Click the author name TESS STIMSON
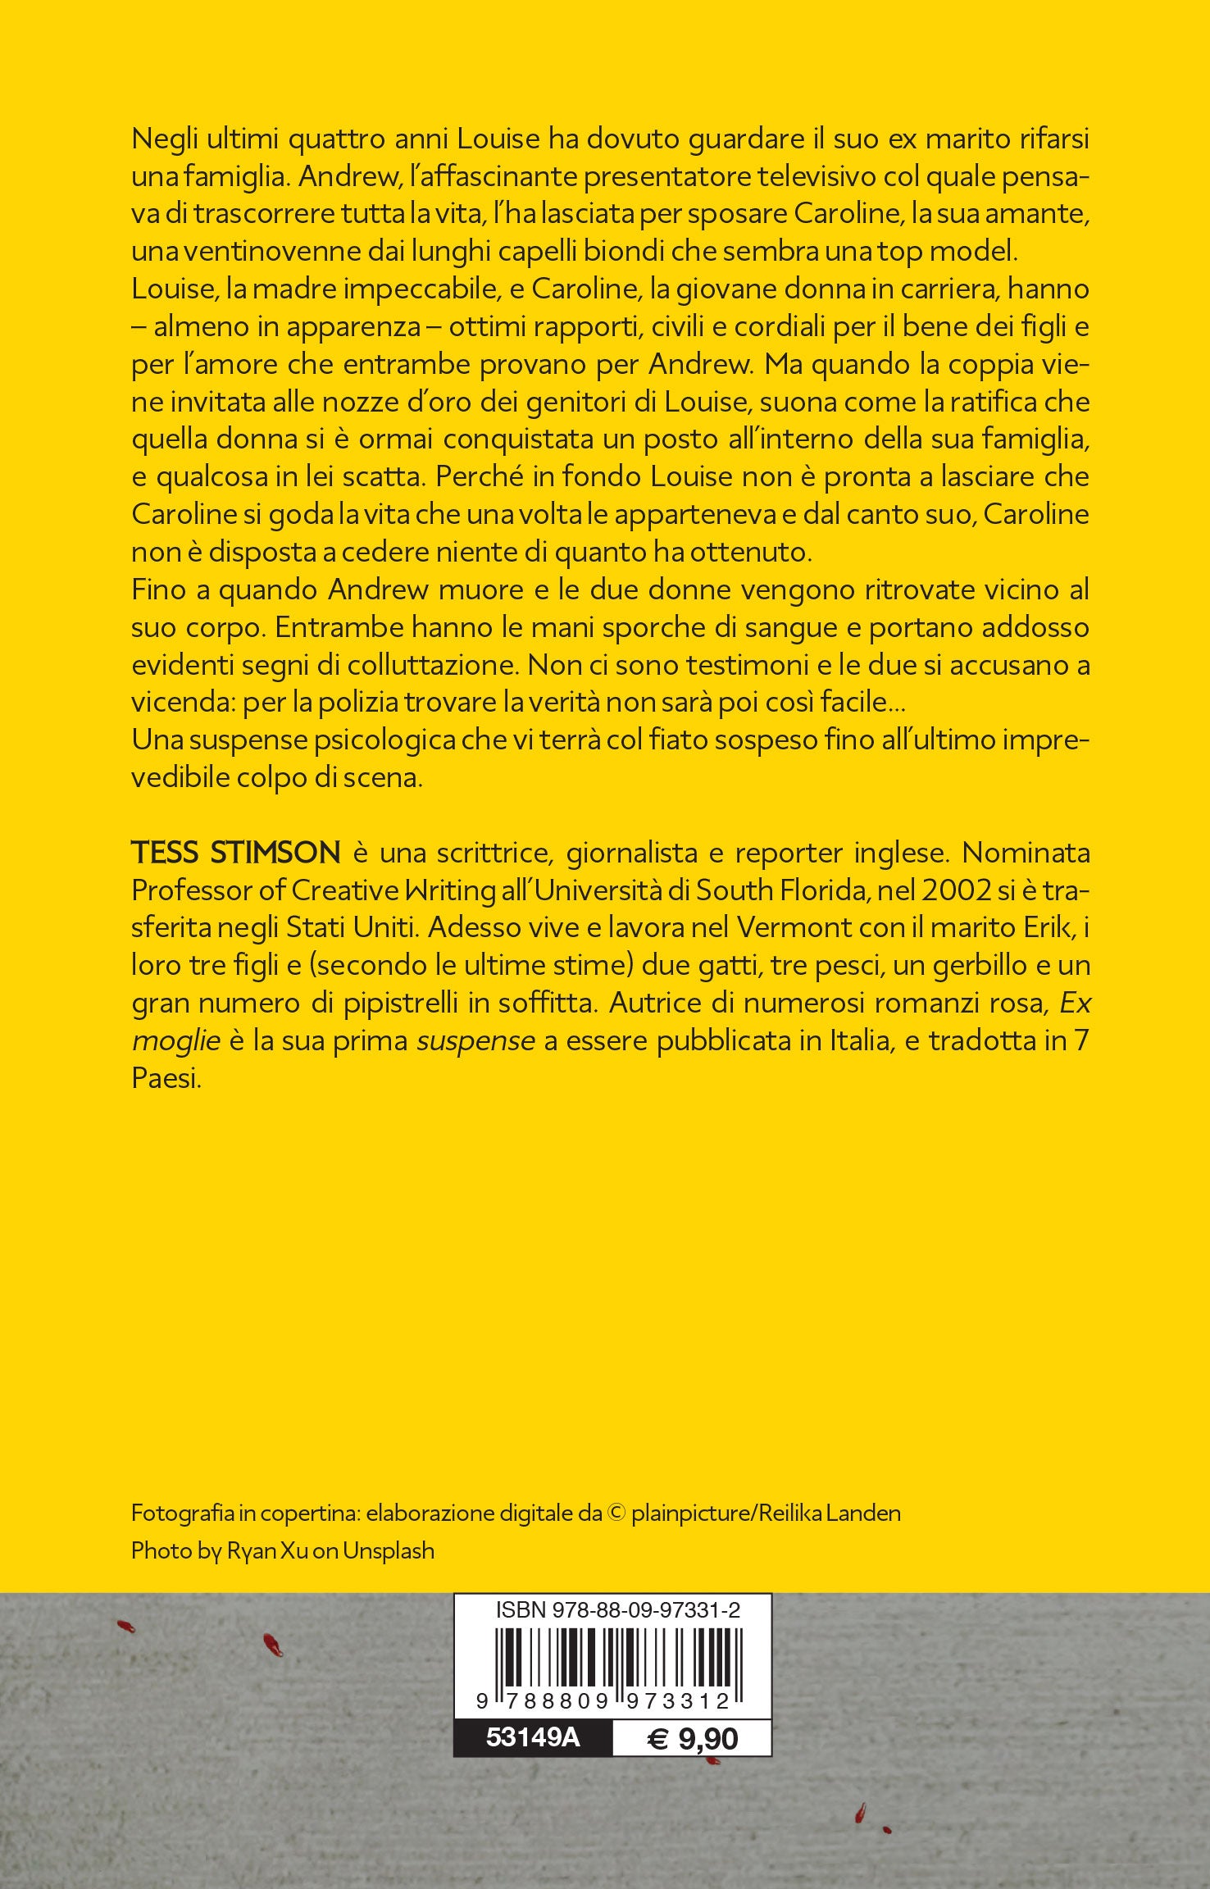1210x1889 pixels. (x=236, y=853)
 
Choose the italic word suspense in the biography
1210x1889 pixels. (x=475, y=1041)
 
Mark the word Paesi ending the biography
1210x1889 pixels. (x=166, y=1079)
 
